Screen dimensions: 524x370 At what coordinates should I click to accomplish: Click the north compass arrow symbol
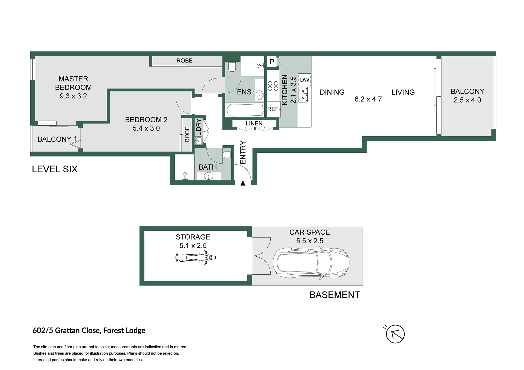(395, 334)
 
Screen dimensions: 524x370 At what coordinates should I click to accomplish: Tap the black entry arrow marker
(243, 183)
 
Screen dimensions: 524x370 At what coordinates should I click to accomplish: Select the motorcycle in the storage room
(196, 258)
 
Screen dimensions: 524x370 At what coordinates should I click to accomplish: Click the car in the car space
(311, 263)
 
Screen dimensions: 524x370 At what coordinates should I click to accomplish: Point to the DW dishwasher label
(304, 80)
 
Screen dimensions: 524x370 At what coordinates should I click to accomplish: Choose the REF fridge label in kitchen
(273, 109)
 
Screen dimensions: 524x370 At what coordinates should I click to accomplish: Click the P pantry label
(272, 62)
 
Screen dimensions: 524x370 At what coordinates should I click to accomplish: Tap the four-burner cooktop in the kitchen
(273, 86)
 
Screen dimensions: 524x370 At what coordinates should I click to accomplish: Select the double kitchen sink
(303, 95)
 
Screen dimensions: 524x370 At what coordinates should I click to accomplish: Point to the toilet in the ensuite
(232, 67)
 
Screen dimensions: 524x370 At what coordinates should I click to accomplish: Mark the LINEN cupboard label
(254, 124)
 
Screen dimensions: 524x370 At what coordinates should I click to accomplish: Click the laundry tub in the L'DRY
(199, 141)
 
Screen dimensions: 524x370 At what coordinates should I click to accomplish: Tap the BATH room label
(208, 167)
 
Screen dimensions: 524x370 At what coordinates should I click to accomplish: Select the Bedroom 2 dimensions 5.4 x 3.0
(146, 128)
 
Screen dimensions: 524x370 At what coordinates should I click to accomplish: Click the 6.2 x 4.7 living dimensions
(368, 99)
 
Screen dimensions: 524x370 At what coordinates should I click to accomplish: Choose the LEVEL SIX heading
(55, 169)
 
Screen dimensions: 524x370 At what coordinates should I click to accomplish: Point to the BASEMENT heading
(335, 295)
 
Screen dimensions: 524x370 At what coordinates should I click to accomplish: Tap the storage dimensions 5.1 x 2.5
(193, 246)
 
